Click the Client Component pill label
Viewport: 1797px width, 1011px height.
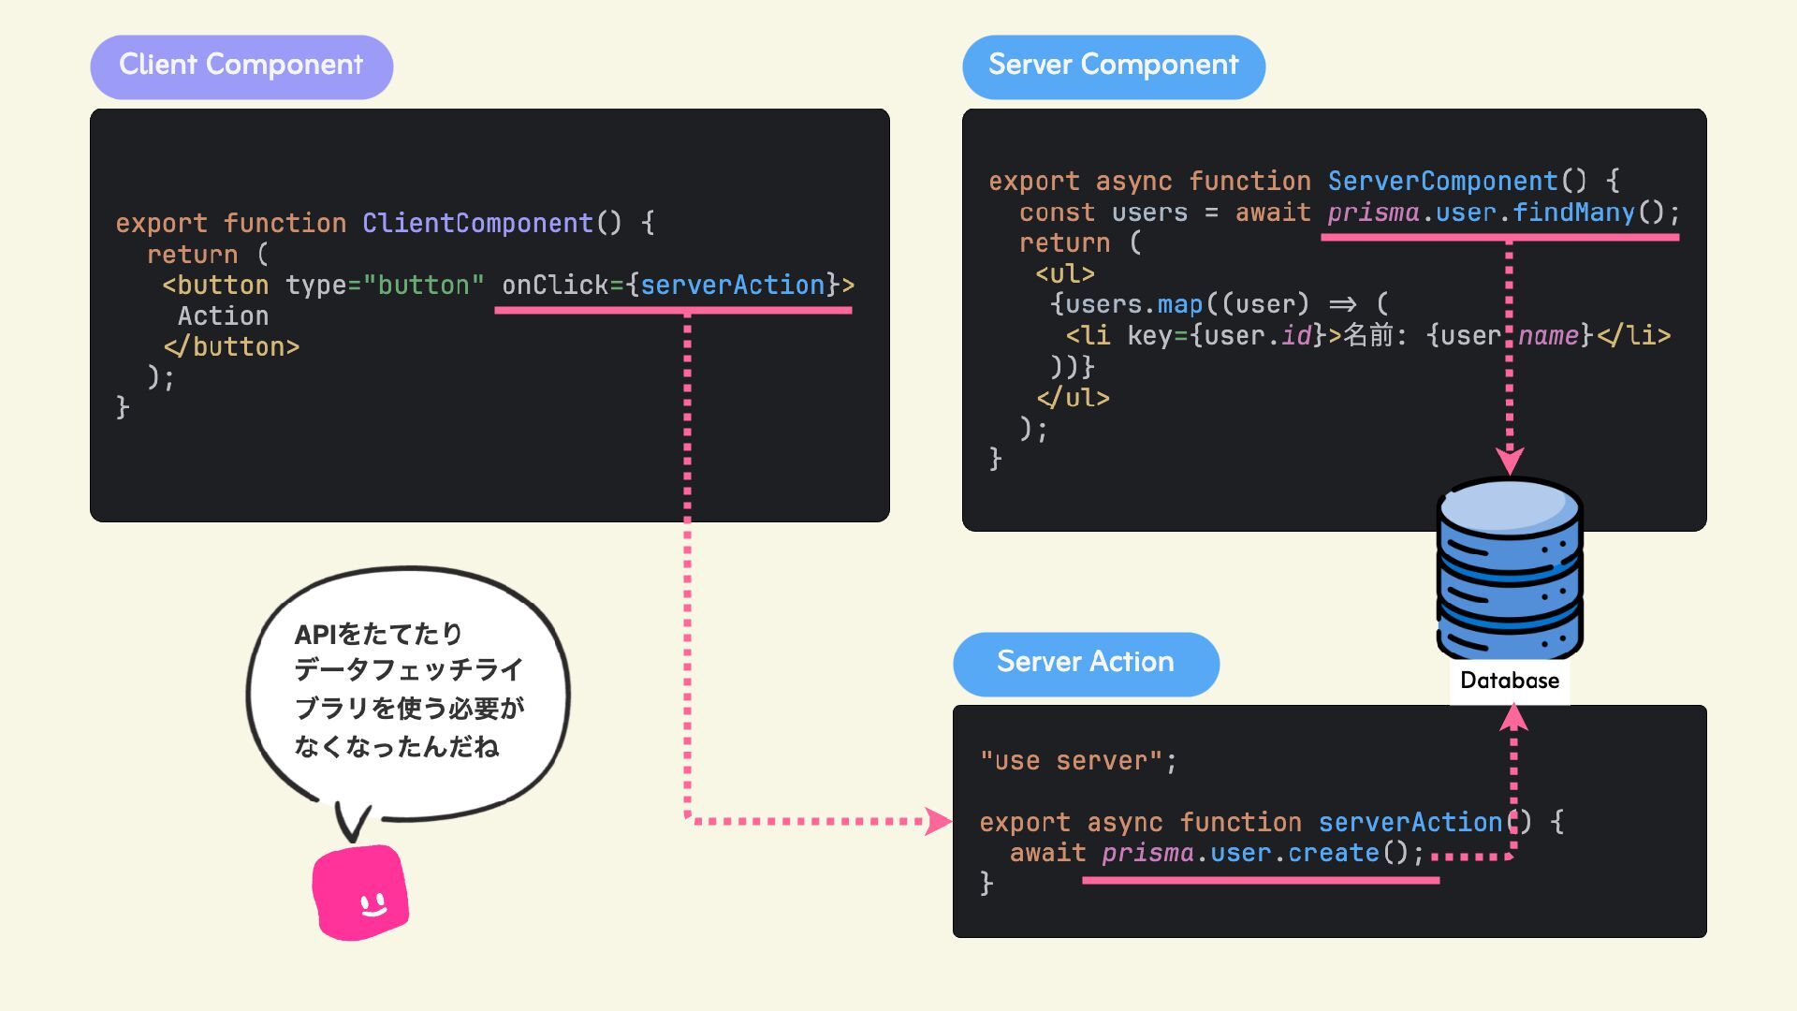point(241,66)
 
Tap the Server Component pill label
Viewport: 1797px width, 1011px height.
point(1113,66)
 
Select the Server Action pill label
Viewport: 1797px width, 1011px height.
point(1086,664)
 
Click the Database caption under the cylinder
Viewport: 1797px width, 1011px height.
point(1509,681)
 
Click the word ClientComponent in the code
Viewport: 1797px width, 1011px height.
point(477,223)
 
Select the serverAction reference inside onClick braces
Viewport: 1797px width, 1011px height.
point(732,285)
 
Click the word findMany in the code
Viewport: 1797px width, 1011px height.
point(1573,212)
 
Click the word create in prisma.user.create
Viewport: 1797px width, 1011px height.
point(1334,853)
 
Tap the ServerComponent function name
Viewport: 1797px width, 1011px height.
point(1442,181)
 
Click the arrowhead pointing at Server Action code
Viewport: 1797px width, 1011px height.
point(938,821)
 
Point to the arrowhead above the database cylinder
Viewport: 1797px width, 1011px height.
point(1509,461)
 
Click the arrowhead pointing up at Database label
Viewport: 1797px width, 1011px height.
point(1513,717)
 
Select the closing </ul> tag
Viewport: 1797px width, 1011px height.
point(1073,398)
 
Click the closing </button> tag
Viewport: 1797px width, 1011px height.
point(231,347)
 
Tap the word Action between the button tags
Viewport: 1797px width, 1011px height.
point(223,316)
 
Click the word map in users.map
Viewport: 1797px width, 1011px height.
point(1179,304)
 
